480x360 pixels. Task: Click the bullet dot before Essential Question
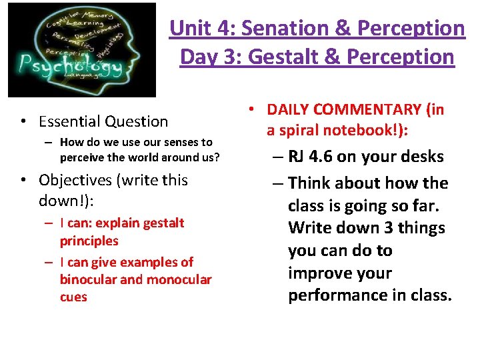(x=23, y=121)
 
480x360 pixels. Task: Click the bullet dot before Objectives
(x=23, y=180)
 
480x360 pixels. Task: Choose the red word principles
(x=89, y=241)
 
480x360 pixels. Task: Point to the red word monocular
(x=179, y=279)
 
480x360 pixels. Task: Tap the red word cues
(x=73, y=297)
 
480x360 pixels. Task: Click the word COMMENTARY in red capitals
(x=359, y=109)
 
